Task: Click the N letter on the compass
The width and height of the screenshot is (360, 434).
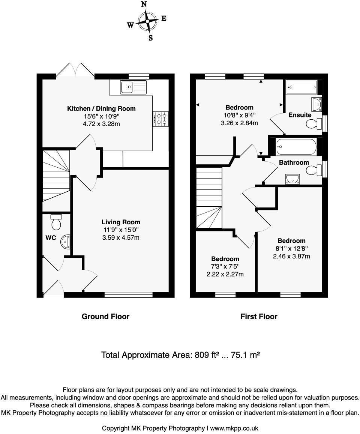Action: point(144,5)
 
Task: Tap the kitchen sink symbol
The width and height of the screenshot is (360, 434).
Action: point(133,87)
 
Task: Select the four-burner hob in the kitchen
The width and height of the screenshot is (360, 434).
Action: point(161,119)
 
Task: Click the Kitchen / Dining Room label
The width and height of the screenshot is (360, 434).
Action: point(101,108)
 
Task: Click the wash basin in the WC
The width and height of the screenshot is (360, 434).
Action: point(66,242)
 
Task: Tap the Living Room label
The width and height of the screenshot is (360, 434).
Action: point(121,222)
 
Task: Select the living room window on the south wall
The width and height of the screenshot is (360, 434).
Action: point(129,295)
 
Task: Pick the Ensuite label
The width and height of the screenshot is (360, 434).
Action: point(300,115)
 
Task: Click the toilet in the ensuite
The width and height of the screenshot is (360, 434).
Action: point(315,124)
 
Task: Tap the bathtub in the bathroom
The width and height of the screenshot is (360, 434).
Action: point(296,147)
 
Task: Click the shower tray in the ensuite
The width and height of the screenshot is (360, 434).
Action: point(301,87)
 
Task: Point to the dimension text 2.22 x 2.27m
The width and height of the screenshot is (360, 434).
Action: point(225,274)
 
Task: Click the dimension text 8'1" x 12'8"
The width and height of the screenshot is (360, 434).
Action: point(291,249)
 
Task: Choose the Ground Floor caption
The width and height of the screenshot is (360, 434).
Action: point(105,317)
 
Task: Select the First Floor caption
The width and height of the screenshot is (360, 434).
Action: point(259,317)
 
